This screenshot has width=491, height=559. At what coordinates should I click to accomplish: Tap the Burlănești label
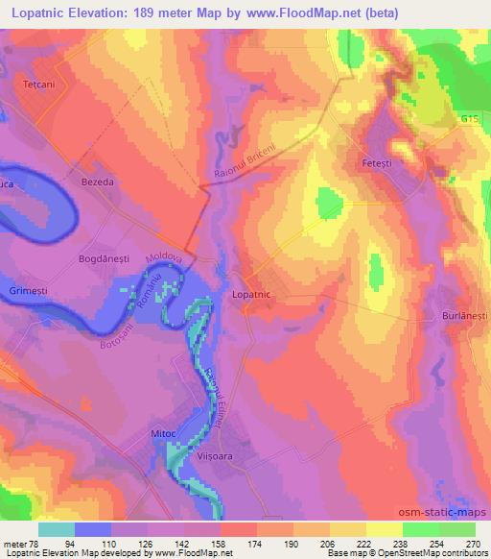pyautogui.click(x=464, y=314)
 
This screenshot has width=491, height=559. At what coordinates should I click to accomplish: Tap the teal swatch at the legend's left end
pyautogui.click(x=57, y=529)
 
